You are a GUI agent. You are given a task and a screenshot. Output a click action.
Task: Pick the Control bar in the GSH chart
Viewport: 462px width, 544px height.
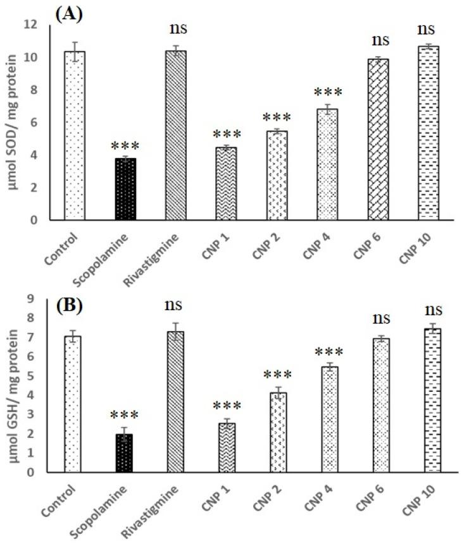click(74, 404)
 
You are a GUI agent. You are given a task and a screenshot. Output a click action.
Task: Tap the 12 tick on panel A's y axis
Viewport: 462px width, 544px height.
click(47, 25)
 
